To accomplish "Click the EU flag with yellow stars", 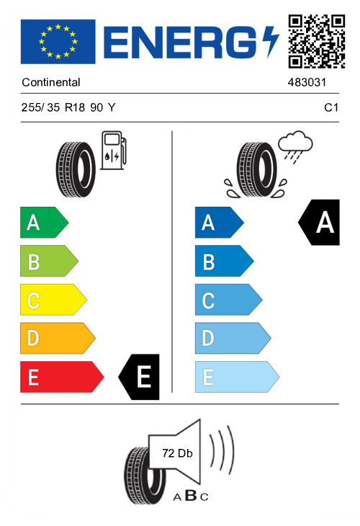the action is coord(58,42).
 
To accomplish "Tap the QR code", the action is coord(316,41).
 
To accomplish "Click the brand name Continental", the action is coord(51,82).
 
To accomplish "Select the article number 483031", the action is coord(307,82).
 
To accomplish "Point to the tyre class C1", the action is coord(331,107).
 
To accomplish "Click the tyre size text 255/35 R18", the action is coord(53,107).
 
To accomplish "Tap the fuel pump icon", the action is coord(114,150).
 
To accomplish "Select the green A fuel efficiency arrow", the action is coord(44,223).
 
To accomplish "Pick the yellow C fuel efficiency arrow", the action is coord(53,300).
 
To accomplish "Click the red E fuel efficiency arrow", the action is coord(62,377).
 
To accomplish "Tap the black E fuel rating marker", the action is coord(139,377).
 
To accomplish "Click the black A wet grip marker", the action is coord(319,223).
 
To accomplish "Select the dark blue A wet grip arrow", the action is coord(219,223).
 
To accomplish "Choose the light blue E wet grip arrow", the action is coord(237,377).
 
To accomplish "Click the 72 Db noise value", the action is coord(177,453).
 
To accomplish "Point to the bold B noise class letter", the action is coord(191,495).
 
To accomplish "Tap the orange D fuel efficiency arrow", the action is coord(58,338).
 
